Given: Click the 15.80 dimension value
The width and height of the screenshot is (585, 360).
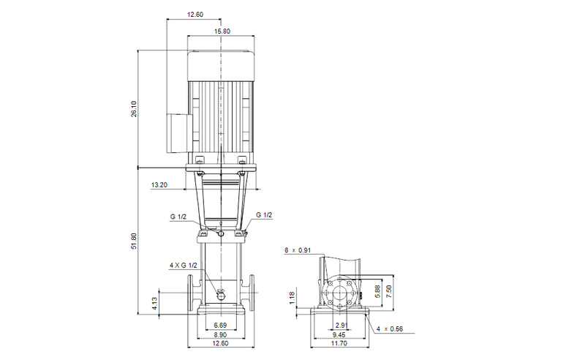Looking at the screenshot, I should coord(222,31).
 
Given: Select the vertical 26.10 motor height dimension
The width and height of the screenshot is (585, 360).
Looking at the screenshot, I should coord(134,109).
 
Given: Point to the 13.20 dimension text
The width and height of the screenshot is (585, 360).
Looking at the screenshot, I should coord(159,185).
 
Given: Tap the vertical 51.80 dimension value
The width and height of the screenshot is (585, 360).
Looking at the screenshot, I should coord(134,241).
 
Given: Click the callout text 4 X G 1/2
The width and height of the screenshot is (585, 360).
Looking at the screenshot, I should coord(183,265).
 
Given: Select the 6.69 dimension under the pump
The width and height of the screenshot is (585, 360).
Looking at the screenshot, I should coord(219,324).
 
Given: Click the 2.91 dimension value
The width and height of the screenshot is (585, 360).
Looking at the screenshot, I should coord(340,324).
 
